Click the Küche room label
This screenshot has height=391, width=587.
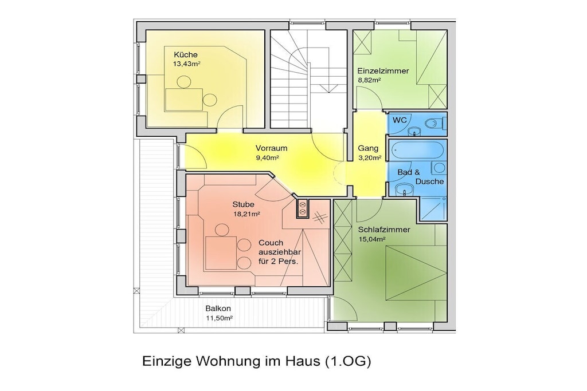185,54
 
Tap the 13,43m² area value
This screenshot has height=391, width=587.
186,64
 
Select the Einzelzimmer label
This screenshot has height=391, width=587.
383,70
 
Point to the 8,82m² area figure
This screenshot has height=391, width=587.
369,80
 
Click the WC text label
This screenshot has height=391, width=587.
400,120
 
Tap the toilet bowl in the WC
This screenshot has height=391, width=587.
436,123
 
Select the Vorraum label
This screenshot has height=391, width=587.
271,148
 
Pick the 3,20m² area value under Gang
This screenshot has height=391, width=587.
370,158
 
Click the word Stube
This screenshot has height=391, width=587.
243,204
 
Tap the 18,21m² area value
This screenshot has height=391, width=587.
246,214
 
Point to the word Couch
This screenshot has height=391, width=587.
271,243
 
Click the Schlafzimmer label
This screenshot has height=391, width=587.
383,230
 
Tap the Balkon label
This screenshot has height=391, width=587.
218,309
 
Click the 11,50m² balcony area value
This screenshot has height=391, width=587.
219,318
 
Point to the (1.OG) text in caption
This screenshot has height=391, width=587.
348,361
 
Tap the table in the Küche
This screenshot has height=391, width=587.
184,100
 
